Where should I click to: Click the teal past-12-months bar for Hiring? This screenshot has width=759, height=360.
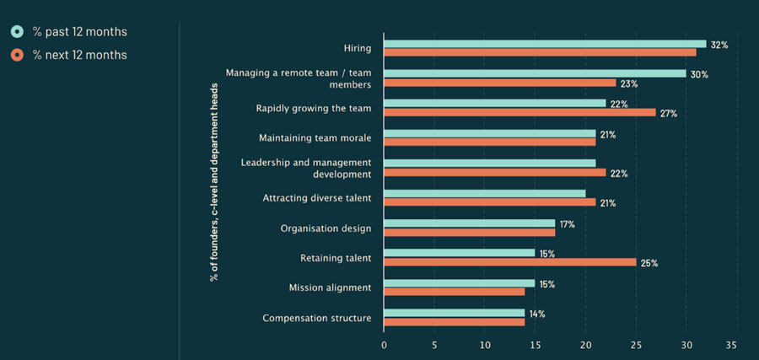[x=545, y=44]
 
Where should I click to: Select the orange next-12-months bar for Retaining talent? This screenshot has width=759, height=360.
[x=509, y=262]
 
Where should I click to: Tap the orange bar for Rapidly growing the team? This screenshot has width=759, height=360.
[x=519, y=112]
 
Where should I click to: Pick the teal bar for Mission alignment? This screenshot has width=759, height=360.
[x=459, y=283]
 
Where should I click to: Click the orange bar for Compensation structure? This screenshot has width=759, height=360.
[x=454, y=322]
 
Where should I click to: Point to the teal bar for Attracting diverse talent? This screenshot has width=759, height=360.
[x=484, y=194]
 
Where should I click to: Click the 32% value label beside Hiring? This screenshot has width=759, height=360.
[x=719, y=45]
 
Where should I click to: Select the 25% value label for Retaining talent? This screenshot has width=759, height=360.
[x=649, y=263]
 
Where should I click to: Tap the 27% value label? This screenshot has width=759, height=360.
[x=668, y=113]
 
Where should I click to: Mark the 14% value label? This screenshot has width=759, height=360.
[x=536, y=314]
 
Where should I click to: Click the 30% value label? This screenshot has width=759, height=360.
[x=698, y=74]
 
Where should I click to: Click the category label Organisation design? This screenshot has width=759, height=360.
[x=326, y=228]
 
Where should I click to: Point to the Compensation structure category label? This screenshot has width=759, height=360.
[x=317, y=319]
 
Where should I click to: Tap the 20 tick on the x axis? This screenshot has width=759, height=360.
[x=585, y=345]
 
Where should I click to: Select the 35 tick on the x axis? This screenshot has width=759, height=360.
[x=731, y=345]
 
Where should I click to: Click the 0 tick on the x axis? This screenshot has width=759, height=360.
[x=384, y=345]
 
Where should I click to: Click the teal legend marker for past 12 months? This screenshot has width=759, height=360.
[x=17, y=32]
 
